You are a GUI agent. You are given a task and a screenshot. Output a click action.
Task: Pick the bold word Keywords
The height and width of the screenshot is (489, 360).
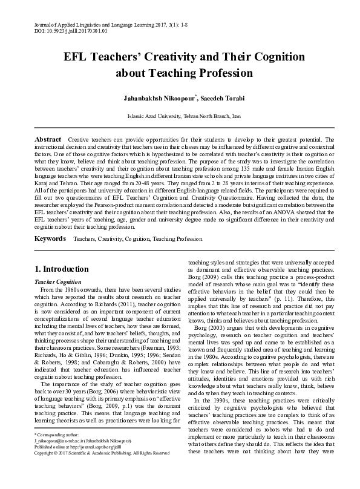click(50, 239)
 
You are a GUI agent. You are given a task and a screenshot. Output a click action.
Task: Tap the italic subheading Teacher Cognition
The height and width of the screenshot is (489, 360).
click(57, 281)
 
